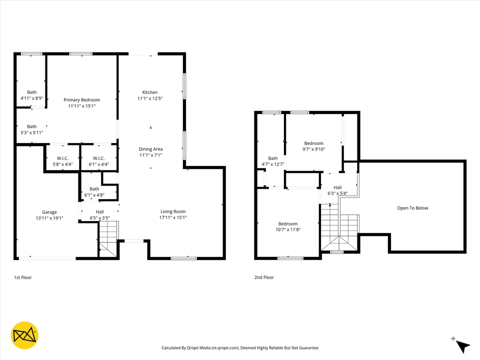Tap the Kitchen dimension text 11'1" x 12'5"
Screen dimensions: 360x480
pos(150,98)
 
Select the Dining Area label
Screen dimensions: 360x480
pos(150,149)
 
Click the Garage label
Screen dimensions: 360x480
pos(49,212)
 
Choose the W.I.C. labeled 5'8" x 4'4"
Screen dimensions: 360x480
pos(62,158)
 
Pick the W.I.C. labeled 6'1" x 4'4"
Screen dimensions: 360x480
pos(98,158)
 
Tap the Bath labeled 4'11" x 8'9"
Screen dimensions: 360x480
pos(31,92)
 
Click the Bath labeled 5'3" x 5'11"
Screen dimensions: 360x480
pos(31,126)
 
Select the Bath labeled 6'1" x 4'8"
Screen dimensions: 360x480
pos(94,188)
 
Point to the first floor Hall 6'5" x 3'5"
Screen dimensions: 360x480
pos(100,212)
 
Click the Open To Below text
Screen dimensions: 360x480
pos(412,208)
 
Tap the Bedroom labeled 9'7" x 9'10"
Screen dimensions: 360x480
pos(313,143)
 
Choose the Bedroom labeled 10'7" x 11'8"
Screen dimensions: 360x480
pos(287,224)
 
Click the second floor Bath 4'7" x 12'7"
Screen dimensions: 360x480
pos(272,158)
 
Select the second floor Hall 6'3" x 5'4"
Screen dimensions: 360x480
pos(337,187)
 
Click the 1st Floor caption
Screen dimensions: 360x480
pos(22,277)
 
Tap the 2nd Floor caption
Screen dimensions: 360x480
pos(264,277)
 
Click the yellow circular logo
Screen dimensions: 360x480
pos(24,335)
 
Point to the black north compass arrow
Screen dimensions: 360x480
pos(463,345)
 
